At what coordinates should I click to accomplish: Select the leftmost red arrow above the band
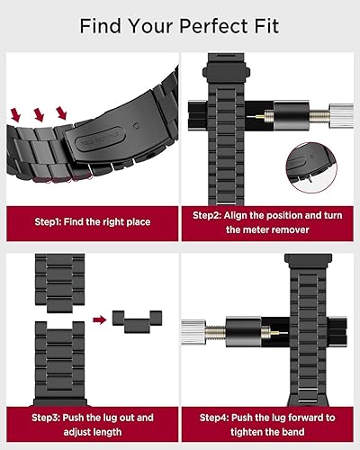[16, 114]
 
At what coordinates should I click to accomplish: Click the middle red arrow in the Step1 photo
[40, 114]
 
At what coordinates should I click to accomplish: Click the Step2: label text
[212, 215]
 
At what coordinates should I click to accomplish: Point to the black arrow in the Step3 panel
[97, 319]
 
